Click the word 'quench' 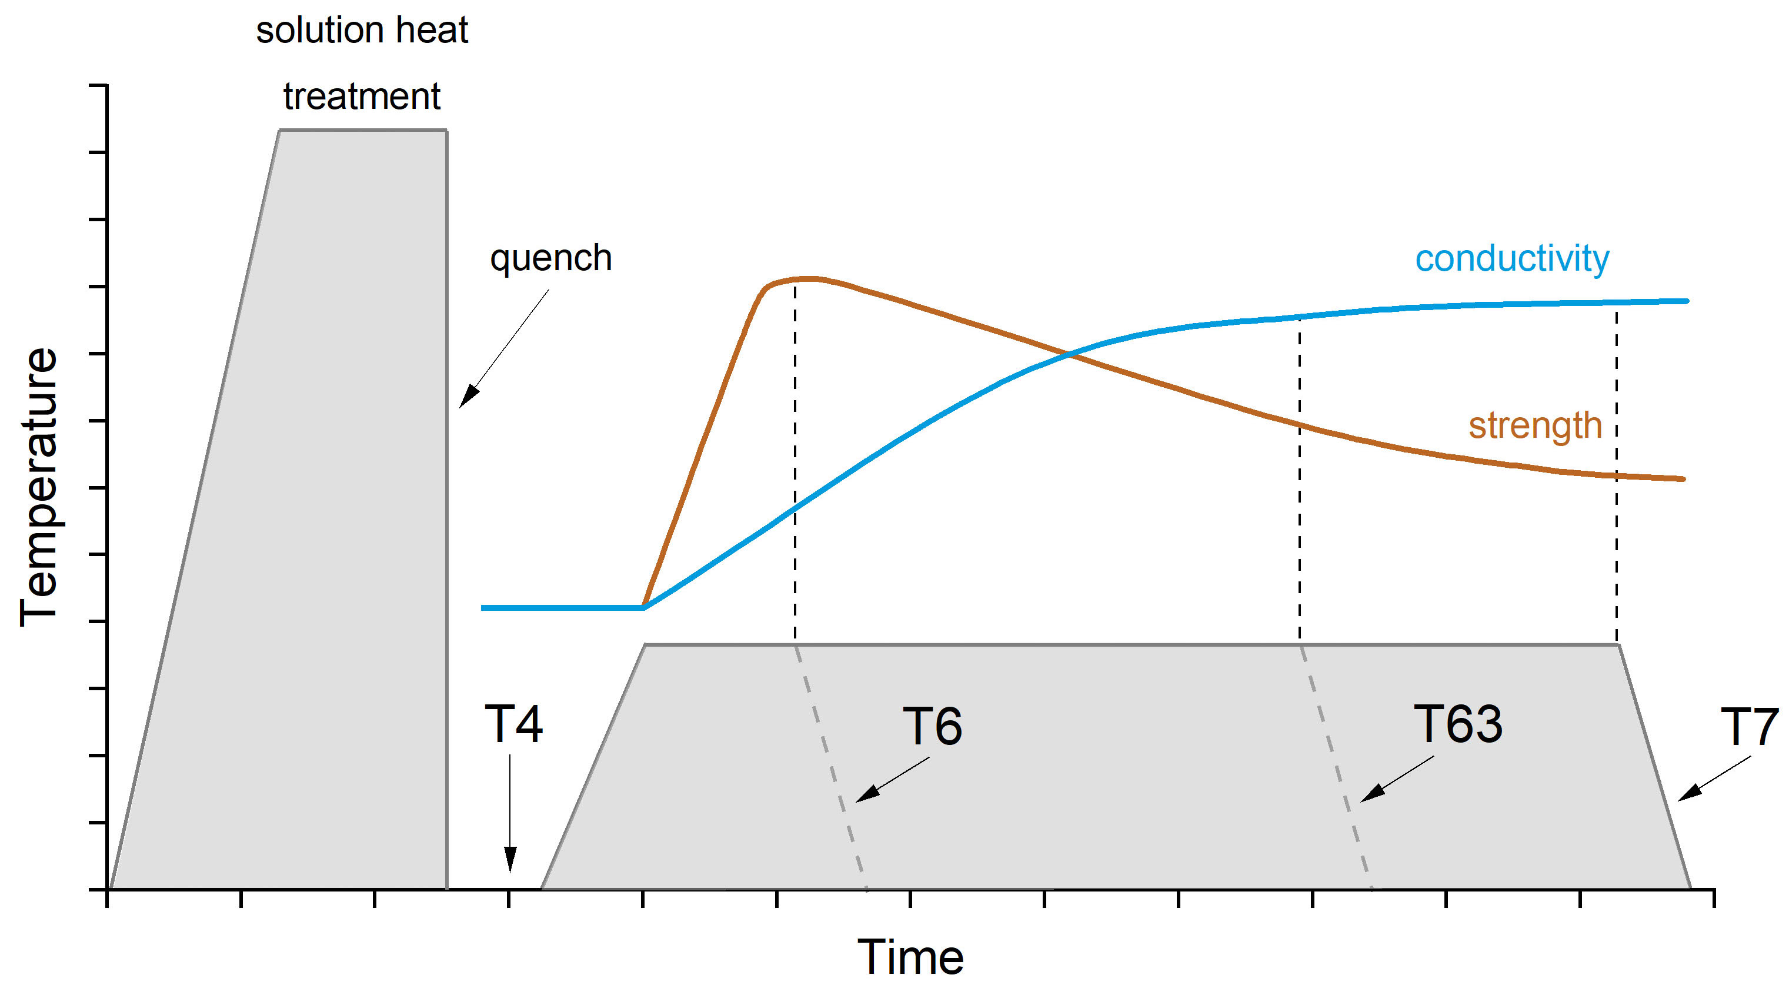[550, 259]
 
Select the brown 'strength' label [1535, 425]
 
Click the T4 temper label [513, 724]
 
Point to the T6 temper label [932, 726]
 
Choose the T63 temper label [1458, 724]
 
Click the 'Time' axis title [910, 957]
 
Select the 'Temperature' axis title [39, 487]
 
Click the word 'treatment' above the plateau [362, 96]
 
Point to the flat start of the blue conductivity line [556, 608]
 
